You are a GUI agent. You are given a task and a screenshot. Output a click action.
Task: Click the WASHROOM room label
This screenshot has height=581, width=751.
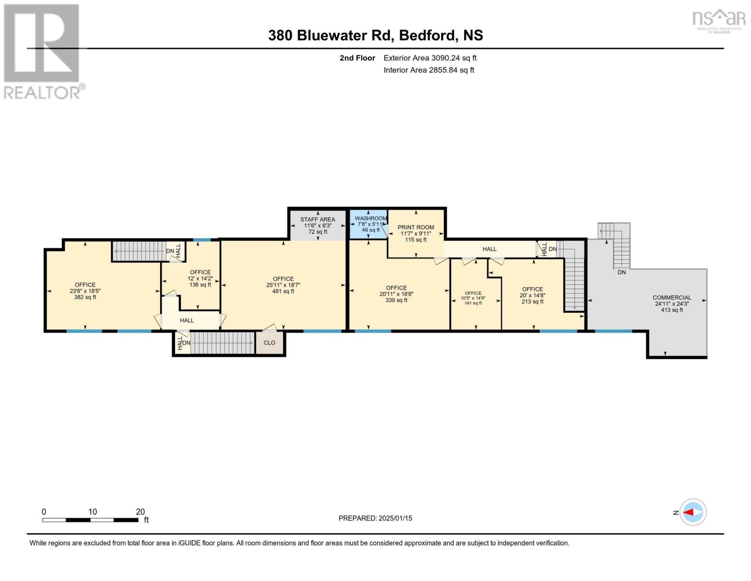coord(370,218)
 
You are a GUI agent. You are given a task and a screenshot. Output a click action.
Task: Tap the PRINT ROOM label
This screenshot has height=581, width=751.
coord(415,227)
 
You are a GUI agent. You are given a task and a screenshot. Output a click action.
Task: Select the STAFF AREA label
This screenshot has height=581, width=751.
coord(317,219)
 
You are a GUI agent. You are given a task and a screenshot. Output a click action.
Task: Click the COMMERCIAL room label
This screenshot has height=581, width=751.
coord(672,298)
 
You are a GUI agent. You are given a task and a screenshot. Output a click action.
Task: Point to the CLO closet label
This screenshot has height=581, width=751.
coord(269,343)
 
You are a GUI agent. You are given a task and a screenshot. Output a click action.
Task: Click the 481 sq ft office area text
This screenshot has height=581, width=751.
coord(283,291)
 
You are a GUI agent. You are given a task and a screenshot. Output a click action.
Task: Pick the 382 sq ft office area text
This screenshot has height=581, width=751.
coord(85,297)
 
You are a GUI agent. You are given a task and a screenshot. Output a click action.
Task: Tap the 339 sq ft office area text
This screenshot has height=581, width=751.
coord(396,300)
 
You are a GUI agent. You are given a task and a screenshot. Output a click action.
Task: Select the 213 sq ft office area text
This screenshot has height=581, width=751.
coord(532,302)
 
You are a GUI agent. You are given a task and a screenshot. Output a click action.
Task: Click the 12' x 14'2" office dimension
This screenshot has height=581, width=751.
coord(200,278)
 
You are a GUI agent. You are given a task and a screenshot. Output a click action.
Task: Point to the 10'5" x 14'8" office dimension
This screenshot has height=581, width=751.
coord(473,298)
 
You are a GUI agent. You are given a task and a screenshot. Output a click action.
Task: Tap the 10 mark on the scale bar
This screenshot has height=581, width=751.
coord(92,512)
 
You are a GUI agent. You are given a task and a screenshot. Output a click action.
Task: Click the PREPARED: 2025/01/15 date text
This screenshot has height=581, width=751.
coord(375,518)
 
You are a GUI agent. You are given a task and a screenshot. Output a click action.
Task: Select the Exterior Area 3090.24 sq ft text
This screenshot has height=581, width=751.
coord(430,58)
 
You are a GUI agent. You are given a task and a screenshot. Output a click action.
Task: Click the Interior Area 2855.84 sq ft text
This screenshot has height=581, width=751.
coord(428,70)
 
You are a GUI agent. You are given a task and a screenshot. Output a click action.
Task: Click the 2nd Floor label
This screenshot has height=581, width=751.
coord(357,58)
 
